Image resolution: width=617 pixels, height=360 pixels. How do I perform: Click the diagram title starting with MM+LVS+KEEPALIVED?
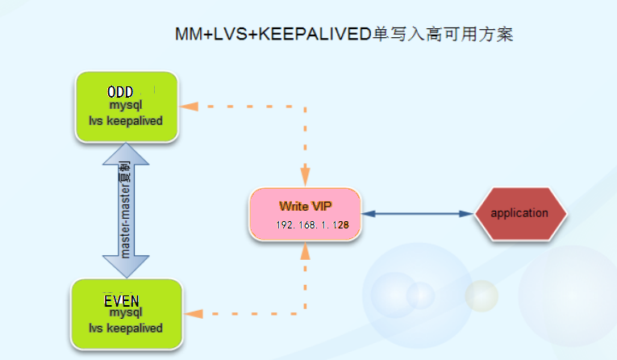pyautogui.click(x=344, y=35)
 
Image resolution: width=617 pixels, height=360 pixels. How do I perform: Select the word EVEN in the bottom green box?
pyautogui.click(x=127, y=301)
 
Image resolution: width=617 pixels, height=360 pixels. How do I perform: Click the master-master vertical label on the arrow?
pyautogui.click(x=126, y=211)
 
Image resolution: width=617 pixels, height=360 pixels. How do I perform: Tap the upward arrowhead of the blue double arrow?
pyautogui.click(x=127, y=153)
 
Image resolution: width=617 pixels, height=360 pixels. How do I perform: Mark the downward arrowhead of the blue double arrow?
pyautogui.click(x=127, y=267)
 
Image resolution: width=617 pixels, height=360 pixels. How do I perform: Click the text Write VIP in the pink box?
pyautogui.click(x=305, y=207)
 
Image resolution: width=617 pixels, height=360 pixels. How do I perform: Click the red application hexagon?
pyautogui.click(x=520, y=214)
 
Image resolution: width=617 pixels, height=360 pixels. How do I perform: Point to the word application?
pyautogui.click(x=519, y=213)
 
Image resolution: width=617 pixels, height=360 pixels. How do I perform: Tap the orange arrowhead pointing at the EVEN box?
pyautogui.click(x=191, y=314)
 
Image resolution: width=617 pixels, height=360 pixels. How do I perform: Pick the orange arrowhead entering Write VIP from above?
pyautogui.click(x=306, y=177)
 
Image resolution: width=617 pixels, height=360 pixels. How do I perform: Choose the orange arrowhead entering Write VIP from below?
pyautogui.click(x=306, y=252)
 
